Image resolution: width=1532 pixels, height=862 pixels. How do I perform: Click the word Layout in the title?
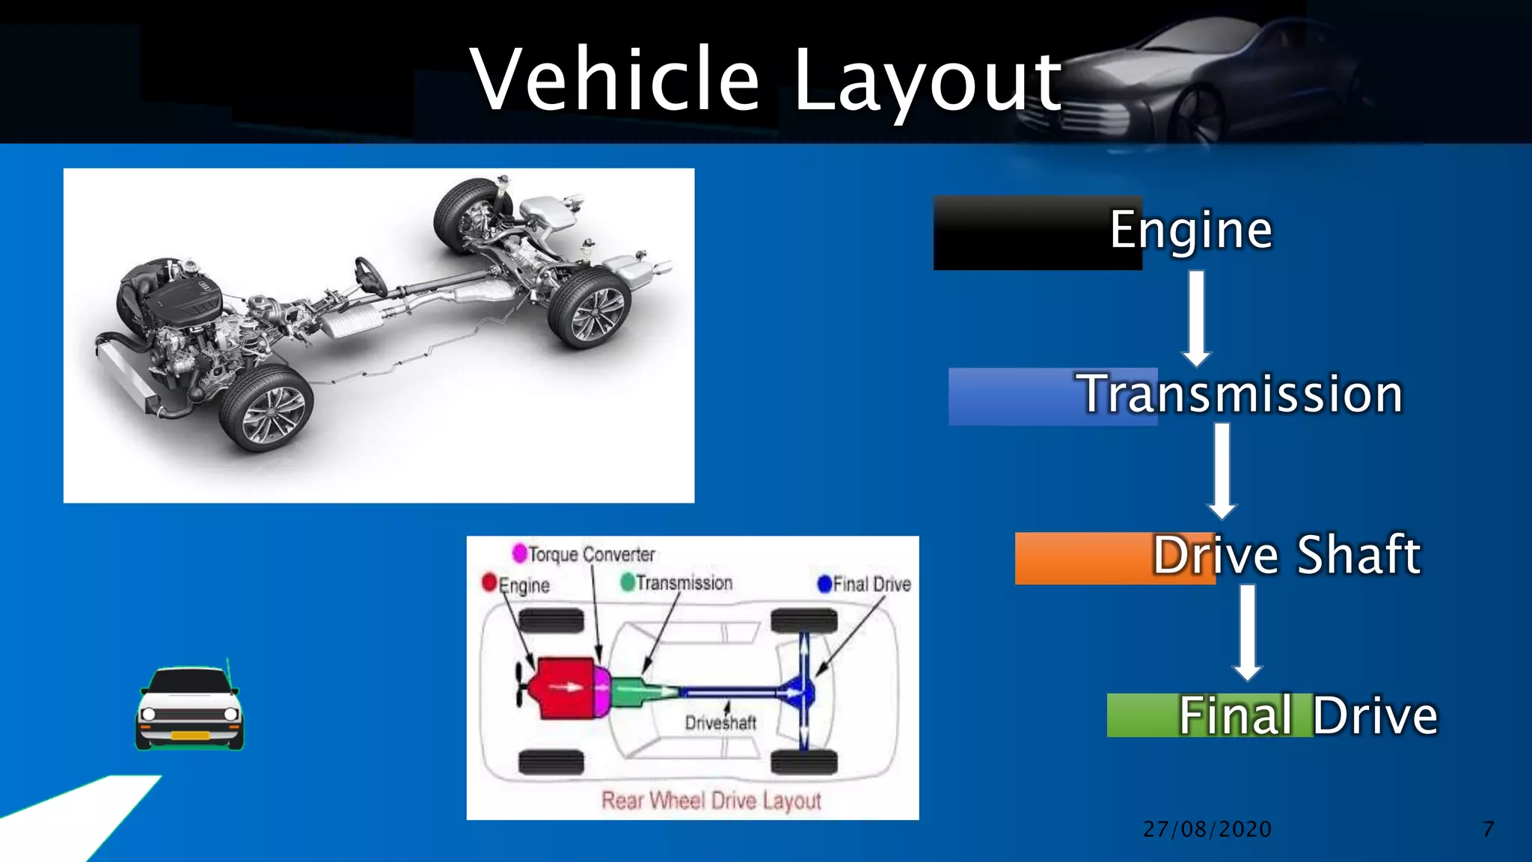(927, 81)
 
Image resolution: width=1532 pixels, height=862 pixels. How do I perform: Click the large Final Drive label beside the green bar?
(1308, 716)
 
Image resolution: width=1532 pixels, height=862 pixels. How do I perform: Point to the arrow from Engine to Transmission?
(1197, 318)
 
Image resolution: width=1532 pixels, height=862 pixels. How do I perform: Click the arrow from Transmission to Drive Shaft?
(1222, 471)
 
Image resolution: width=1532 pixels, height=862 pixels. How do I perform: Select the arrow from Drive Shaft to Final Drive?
(1248, 632)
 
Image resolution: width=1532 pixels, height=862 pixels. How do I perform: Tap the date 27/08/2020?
(1207, 829)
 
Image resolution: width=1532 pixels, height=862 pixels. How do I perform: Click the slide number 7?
(1488, 829)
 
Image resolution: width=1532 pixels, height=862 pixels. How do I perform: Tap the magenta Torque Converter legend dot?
(519, 553)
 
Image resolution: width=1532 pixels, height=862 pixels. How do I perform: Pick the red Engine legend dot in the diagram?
(490, 582)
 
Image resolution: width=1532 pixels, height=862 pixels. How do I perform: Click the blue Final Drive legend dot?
(824, 584)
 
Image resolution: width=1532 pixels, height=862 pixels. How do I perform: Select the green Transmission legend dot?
(628, 581)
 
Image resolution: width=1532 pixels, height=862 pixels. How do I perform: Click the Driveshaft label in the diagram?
(720, 723)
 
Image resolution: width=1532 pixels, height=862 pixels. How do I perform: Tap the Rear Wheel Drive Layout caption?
(711, 801)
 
